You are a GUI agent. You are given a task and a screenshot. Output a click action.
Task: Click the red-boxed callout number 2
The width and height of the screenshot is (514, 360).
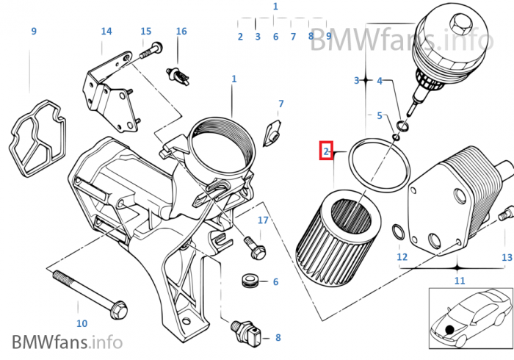[325, 151]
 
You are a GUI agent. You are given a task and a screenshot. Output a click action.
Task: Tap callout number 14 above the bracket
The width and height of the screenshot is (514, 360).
[106, 31]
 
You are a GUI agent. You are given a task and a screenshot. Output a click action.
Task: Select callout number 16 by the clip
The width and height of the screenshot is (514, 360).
[181, 31]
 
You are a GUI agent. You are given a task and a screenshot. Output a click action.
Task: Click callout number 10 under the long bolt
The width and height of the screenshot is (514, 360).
[82, 323]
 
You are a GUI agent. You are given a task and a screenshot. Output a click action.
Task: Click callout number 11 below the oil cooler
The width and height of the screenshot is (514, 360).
[460, 281]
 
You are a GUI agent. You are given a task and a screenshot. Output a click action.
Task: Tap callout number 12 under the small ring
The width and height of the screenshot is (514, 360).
[402, 257]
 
